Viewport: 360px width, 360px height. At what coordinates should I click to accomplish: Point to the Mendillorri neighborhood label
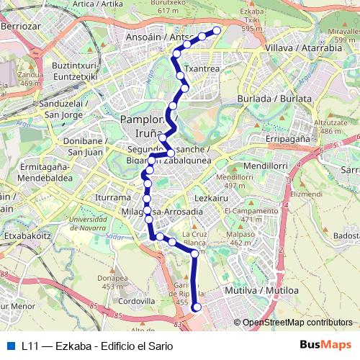point(265,166)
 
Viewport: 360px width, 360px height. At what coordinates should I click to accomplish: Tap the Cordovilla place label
point(137,300)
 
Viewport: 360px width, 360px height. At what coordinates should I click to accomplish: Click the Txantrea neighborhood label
point(202,69)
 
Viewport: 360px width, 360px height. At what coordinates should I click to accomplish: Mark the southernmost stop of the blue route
point(197,308)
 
